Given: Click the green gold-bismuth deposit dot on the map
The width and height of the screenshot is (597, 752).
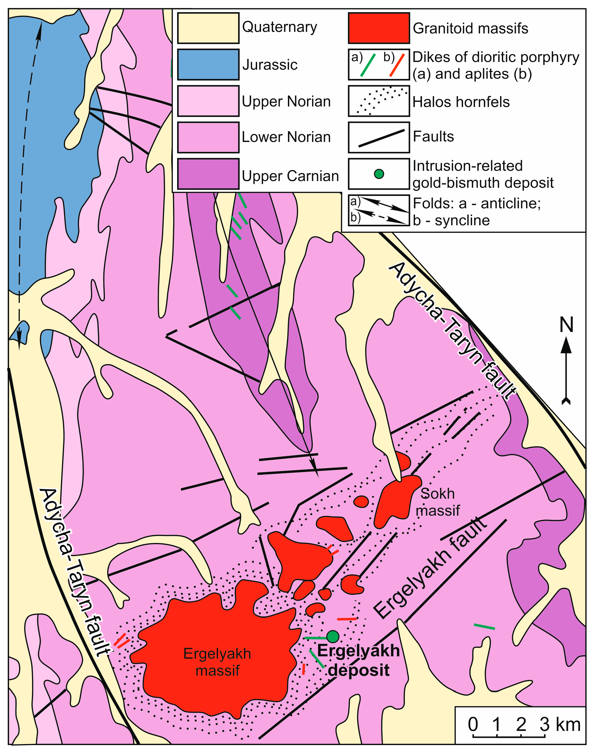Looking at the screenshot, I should [x=333, y=637].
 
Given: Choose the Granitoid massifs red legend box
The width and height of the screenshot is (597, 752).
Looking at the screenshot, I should [x=379, y=28].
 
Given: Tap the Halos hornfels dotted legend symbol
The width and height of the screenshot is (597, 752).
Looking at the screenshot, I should [x=379, y=101].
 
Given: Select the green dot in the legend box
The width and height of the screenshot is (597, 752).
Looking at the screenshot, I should [x=379, y=174].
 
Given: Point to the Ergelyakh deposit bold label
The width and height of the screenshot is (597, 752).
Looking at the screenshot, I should [x=358, y=660].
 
